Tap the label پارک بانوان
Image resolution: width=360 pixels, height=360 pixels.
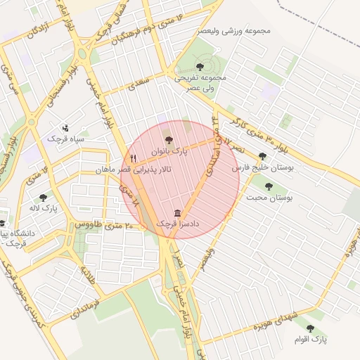(x=168, y=152)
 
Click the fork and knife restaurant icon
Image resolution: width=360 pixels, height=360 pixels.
(x=132, y=159)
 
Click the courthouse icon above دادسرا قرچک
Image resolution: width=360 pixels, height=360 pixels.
(x=176, y=213)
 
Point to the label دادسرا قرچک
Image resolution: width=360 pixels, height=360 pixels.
(x=176, y=224)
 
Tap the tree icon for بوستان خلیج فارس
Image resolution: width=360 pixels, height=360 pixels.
(x=262, y=157)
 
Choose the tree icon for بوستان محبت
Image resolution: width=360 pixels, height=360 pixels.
(x=269, y=186)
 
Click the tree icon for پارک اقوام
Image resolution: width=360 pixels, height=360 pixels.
(x=310, y=328)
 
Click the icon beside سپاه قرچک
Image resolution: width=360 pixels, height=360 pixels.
(x=65, y=128)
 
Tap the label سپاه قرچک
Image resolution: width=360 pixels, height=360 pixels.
(x=65, y=139)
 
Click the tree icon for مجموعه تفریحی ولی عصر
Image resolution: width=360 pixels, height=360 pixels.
(x=208, y=65)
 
